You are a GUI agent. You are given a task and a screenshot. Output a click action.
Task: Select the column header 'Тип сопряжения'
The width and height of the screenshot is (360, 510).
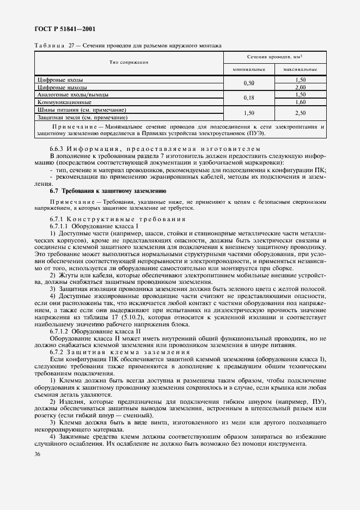(129, 63)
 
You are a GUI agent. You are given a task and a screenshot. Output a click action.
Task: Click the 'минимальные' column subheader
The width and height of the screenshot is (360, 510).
(249, 70)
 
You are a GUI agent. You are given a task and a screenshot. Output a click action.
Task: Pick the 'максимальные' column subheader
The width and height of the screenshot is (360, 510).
(300, 70)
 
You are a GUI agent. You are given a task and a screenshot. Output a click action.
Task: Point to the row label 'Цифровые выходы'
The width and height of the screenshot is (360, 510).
(62, 87)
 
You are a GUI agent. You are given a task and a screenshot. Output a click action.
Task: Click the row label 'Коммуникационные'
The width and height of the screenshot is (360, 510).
(64, 101)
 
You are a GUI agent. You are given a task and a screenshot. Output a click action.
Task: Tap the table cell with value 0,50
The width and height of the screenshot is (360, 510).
(249, 83)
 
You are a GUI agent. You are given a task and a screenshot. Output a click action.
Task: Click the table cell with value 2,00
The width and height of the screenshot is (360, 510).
(300, 87)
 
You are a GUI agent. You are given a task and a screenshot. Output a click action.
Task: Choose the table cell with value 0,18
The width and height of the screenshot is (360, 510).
(249, 98)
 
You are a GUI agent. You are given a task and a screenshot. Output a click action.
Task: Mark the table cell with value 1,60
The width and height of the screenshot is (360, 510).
(300, 101)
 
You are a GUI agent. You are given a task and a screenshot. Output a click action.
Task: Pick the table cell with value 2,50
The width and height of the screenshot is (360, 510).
(300, 113)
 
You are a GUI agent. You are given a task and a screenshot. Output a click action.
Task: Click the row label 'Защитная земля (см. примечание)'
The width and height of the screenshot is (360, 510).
(82, 117)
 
